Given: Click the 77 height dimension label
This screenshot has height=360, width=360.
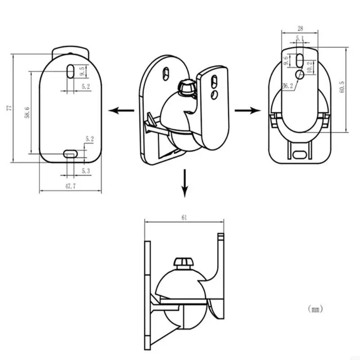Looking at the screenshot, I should point(9,108).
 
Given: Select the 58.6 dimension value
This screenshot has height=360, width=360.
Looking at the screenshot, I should point(27,112).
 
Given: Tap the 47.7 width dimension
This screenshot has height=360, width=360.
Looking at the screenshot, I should point(69,186).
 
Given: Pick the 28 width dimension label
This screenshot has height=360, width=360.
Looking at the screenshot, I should point(300,28).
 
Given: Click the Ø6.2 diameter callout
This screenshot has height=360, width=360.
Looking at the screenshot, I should point(287,86).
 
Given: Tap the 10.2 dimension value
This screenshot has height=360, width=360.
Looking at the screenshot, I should point(309,67).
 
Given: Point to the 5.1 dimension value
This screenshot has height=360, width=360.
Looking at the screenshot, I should point(300,38).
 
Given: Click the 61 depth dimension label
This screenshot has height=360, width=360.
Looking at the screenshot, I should point(184,217).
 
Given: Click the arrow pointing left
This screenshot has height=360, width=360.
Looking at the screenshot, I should point(121,111).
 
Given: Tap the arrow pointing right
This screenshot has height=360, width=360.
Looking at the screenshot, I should point(246,111).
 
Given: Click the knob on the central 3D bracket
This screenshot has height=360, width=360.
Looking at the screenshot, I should point(186,87).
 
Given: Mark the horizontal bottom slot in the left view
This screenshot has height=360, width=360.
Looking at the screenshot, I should point(71,153).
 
